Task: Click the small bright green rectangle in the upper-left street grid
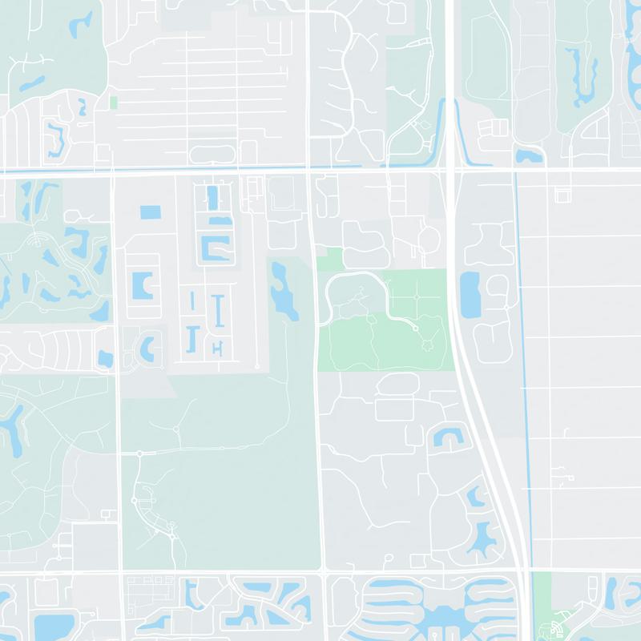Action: click(x=113, y=103)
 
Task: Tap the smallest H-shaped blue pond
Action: click(x=217, y=346)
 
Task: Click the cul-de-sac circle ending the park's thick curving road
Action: click(x=415, y=328)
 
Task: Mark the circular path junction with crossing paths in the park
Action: click(x=417, y=297)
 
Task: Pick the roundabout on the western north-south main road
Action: click(x=139, y=454)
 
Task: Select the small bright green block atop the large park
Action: click(x=329, y=259)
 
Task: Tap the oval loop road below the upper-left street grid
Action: click(x=212, y=154)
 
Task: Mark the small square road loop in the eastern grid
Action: click(x=562, y=195)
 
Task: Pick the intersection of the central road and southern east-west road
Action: click(x=324, y=571)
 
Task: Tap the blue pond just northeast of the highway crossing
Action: click(x=529, y=155)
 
